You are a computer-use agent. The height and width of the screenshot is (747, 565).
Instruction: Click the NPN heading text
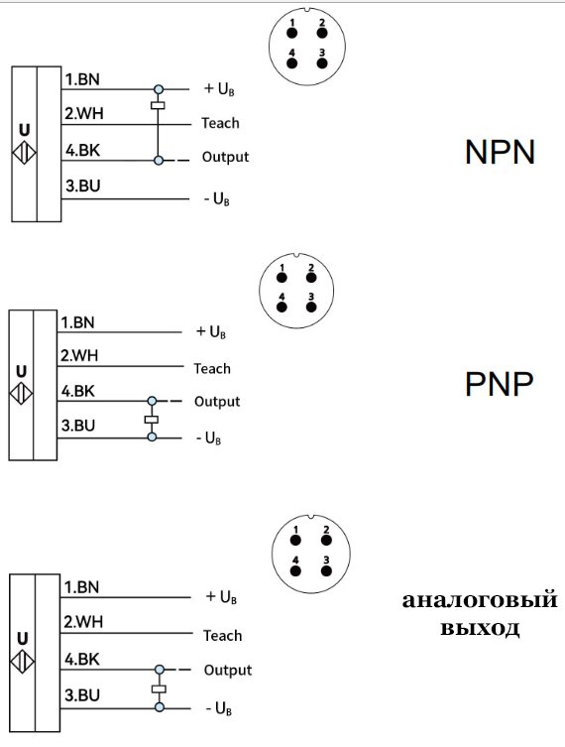[x=500, y=153]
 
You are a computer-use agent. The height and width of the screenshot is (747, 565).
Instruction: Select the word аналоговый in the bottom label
[x=480, y=600]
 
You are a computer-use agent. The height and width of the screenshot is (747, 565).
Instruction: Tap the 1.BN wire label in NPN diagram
[x=82, y=79]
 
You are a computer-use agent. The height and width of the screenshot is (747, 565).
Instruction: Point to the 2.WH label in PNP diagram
[x=78, y=356]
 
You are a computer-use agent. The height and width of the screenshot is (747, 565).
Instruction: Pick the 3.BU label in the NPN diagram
[x=82, y=186]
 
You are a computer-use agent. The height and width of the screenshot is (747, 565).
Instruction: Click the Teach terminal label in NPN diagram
[x=220, y=124]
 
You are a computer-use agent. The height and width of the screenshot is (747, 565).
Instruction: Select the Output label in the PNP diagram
[x=217, y=402]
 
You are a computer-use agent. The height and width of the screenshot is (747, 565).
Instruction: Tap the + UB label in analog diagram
[x=220, y=597]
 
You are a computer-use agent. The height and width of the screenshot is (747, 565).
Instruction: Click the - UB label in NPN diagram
[x=216, y=199]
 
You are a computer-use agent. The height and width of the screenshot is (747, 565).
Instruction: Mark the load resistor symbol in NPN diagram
[x=157, y=105]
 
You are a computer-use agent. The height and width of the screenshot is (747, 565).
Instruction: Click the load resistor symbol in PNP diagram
[x=152, y=420]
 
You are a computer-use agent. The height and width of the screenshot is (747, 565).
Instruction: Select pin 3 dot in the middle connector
[x=310, y=306]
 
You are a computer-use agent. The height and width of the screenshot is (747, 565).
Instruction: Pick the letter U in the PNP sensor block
[x=21, y=371]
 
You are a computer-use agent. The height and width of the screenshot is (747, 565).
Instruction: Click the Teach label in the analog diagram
[x=223, y=636]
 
